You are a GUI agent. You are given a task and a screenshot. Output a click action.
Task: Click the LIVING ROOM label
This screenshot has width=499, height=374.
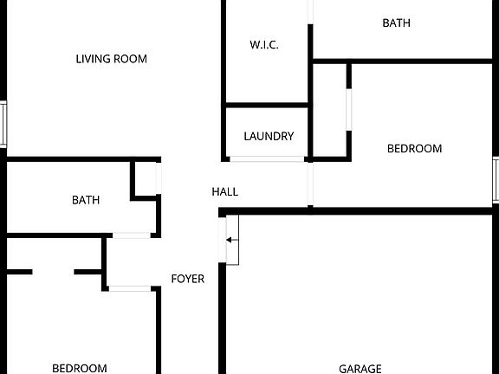click(112, 59)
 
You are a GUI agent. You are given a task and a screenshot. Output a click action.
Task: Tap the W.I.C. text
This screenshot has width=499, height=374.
click(264, 45)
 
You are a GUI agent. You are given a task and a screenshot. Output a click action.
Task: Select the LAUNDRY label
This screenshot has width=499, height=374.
click(269, 137)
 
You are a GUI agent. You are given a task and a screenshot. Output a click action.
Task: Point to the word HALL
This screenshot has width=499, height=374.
click(225, 192)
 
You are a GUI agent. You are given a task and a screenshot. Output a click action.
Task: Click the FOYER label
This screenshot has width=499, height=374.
click(188, 279)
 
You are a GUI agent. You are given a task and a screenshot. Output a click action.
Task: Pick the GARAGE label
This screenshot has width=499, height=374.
click(360, 369)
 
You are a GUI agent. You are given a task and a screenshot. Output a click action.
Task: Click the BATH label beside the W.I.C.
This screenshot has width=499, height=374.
click(396, 23)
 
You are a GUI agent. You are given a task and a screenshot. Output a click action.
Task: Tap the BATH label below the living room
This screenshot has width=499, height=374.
click(86, 200)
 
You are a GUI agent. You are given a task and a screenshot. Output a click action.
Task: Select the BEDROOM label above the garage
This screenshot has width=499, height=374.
click(414, 149)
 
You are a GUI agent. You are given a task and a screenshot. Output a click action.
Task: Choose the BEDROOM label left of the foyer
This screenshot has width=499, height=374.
click(80, 369)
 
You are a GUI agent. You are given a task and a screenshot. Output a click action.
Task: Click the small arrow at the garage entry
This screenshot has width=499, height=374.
click(232, 240)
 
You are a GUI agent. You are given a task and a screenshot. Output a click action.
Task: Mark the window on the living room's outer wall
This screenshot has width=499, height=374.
click(3, 124)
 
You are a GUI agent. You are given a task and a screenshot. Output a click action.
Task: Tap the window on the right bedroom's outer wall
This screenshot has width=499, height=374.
click(496, 180)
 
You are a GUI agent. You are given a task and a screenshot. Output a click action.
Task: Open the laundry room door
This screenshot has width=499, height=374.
click(267, 159)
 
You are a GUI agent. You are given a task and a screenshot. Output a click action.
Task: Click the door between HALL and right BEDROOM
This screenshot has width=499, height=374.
click(310, 184)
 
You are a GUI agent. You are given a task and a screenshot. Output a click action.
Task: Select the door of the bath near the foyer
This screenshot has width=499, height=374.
click(132, 235)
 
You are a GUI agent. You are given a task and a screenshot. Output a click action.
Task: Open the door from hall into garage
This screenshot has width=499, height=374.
click(223, 240)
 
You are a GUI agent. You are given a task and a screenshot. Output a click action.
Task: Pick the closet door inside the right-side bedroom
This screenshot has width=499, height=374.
click(349, 110)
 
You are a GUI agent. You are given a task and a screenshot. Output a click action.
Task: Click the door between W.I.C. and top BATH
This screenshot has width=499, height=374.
click(310, 12)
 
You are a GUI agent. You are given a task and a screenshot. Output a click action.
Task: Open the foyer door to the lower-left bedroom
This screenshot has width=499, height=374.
click(130, 289)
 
